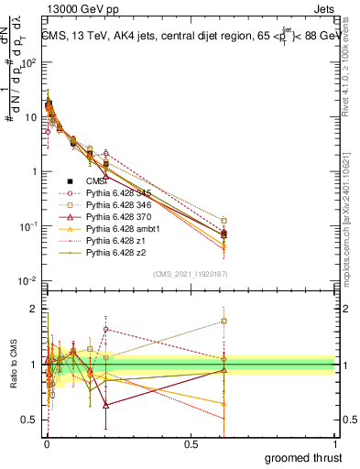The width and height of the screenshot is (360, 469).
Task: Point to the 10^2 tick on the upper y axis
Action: [29, 63]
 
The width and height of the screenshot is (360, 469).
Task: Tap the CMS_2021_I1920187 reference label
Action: [190, 274]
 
